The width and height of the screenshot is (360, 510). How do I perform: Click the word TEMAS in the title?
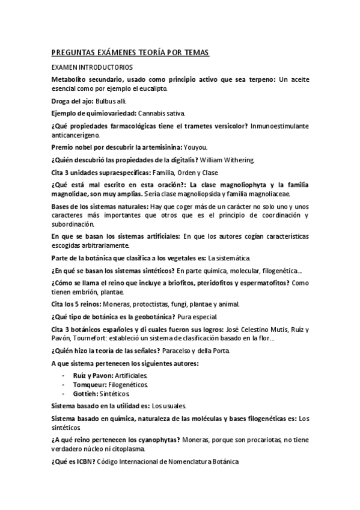(x=194, y=54)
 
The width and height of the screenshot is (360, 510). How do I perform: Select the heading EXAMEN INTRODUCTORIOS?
(x=92, y=67)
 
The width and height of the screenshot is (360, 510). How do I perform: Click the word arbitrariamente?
(x=120, y=245)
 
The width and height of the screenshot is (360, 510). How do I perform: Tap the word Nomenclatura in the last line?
(x=178, y=461)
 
